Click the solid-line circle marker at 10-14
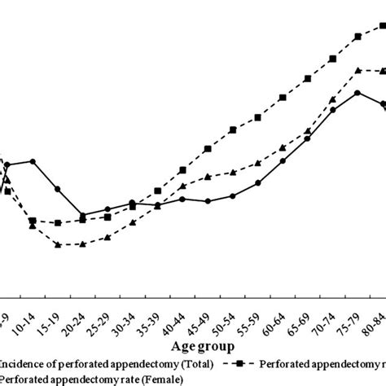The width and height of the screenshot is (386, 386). [x=33, y=161]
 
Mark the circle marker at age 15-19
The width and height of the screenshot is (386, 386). [x=58, y=189]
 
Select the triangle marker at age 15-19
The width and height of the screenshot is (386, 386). [x=58, y=243]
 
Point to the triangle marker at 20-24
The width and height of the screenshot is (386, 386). [x=83, y=243]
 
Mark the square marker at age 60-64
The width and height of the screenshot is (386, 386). [x=283, y=98]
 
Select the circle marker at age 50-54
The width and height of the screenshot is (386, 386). [x=233, y=195]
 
